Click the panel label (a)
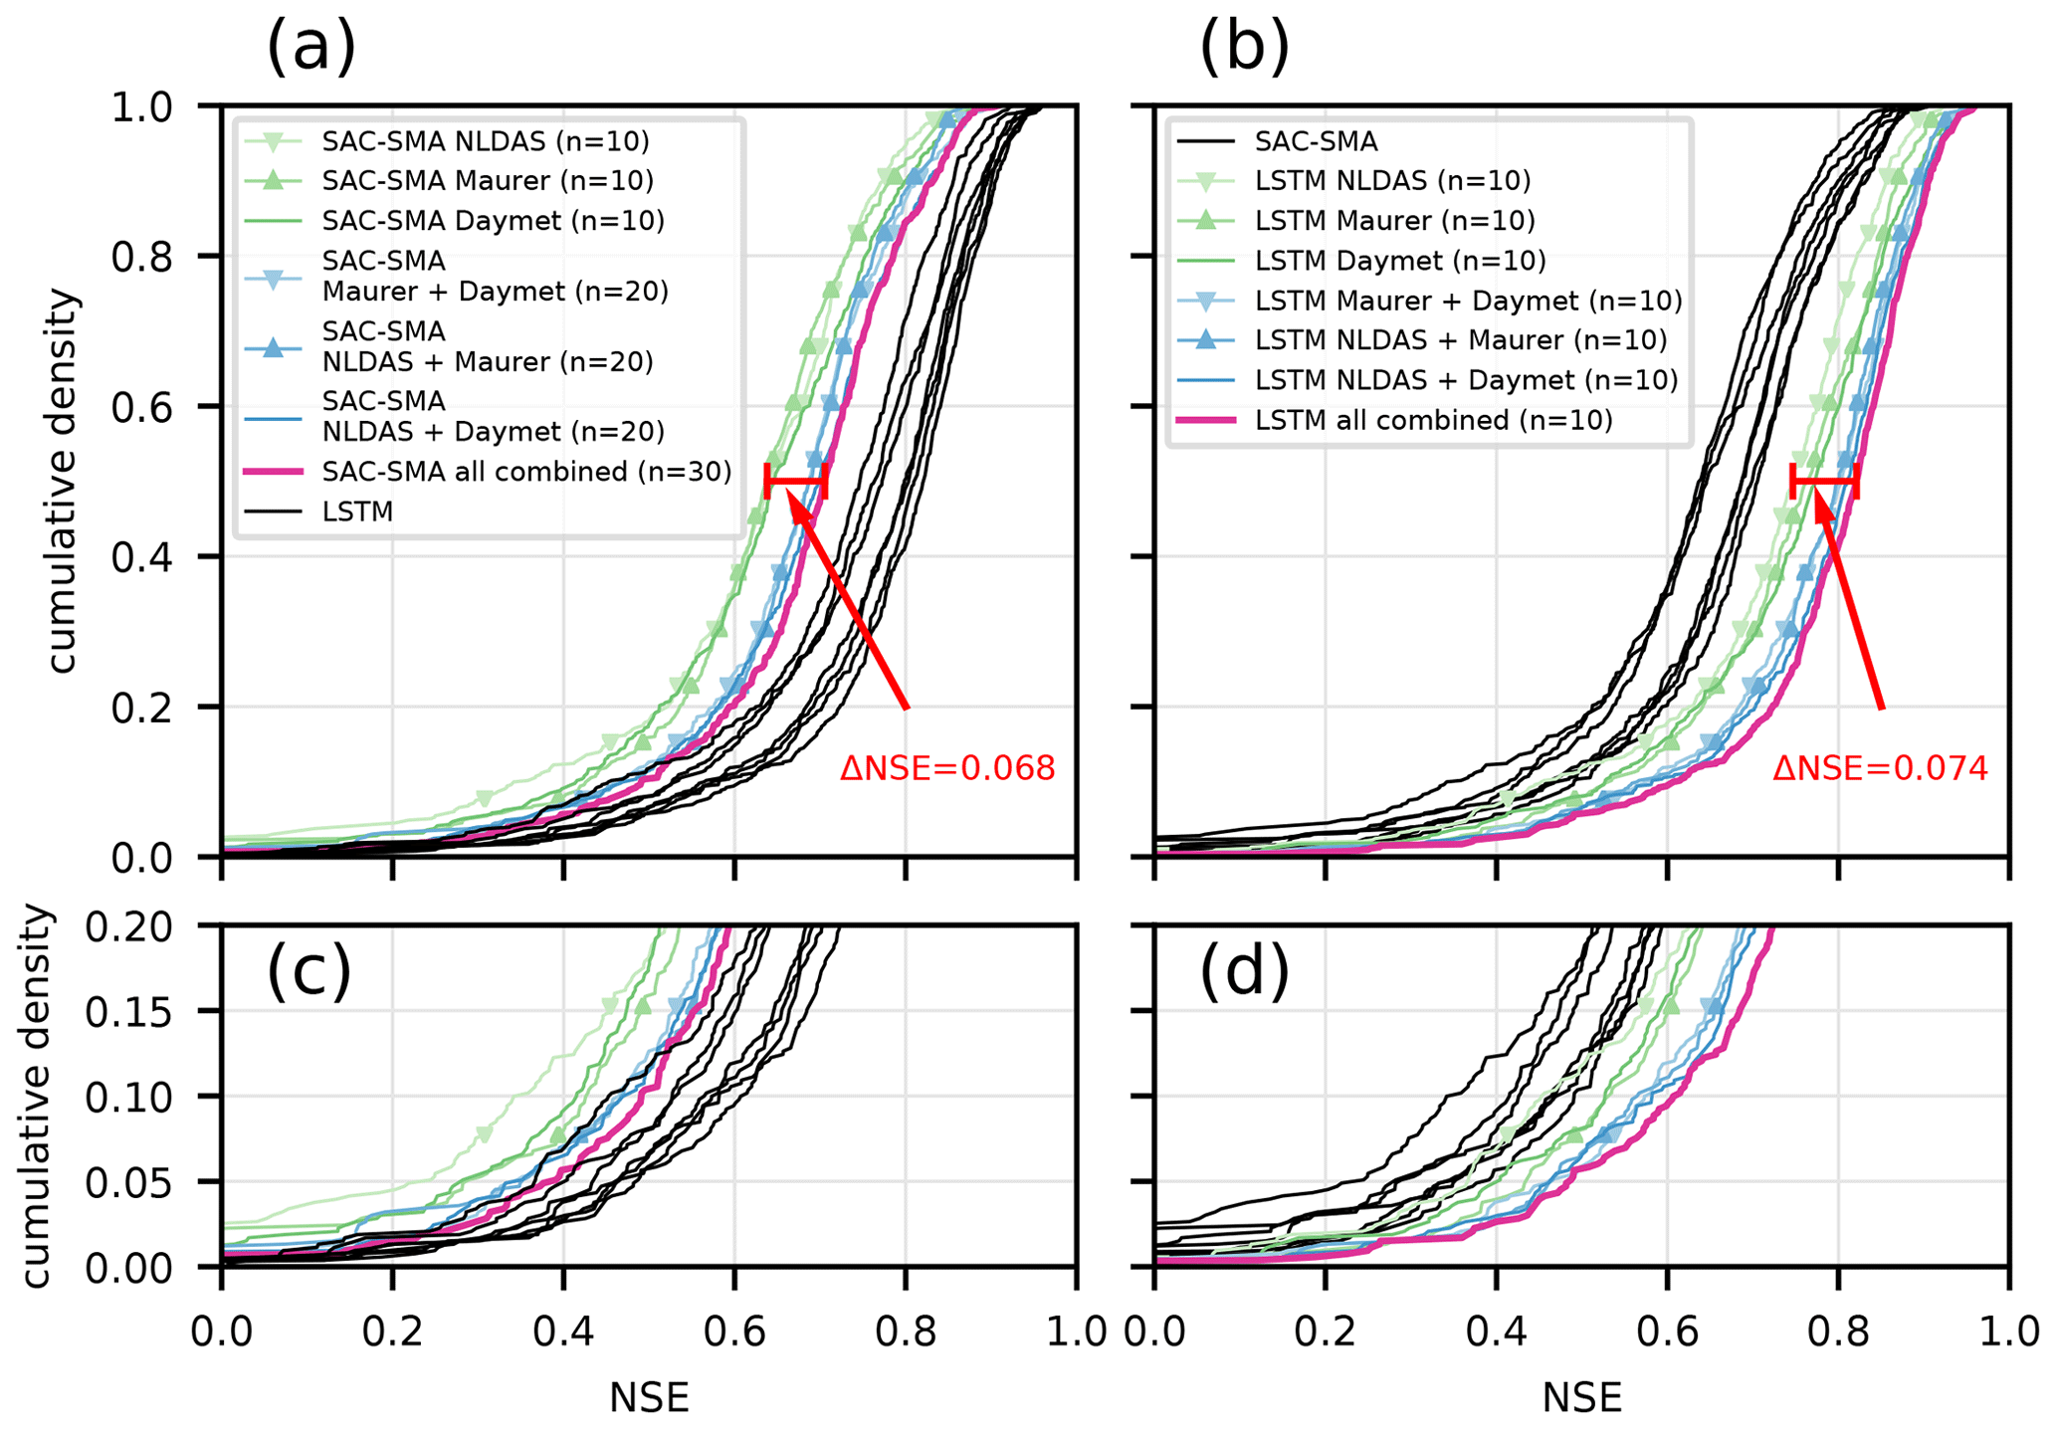[x=310, y=47]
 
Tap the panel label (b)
[x=1244, y=47]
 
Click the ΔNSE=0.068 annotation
[x=947, y=768]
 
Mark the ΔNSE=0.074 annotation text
[x=1880, y=768]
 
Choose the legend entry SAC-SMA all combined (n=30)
[x=526, y=472]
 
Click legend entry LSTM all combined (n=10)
[x=1433, y=420]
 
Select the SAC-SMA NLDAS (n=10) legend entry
[x=485, y=141]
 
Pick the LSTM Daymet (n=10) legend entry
[x=1400, y=261]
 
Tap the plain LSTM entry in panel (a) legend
[x=357, y=511]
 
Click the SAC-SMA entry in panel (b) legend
[x=1316, y=141]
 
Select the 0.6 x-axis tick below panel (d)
[x=1667, y=1331]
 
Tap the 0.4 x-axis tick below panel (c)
[x=563, y=1331]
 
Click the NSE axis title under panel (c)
[x=649, y=1398]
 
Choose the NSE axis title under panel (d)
[x=1582, y=1398]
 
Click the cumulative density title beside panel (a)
[x=62, y=481]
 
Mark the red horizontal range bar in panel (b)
[x=1824, y=482]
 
